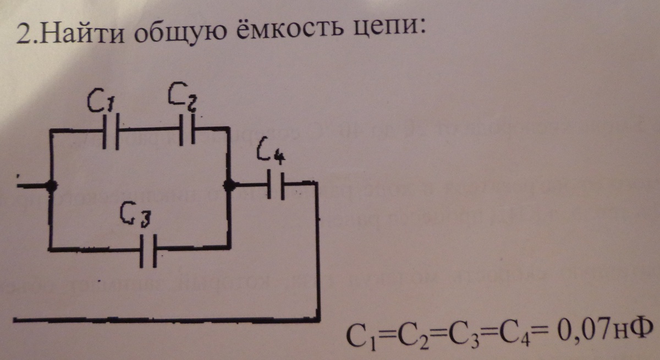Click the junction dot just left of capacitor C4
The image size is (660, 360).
tap(230, 186)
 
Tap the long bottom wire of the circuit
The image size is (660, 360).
tap(165, 319)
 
